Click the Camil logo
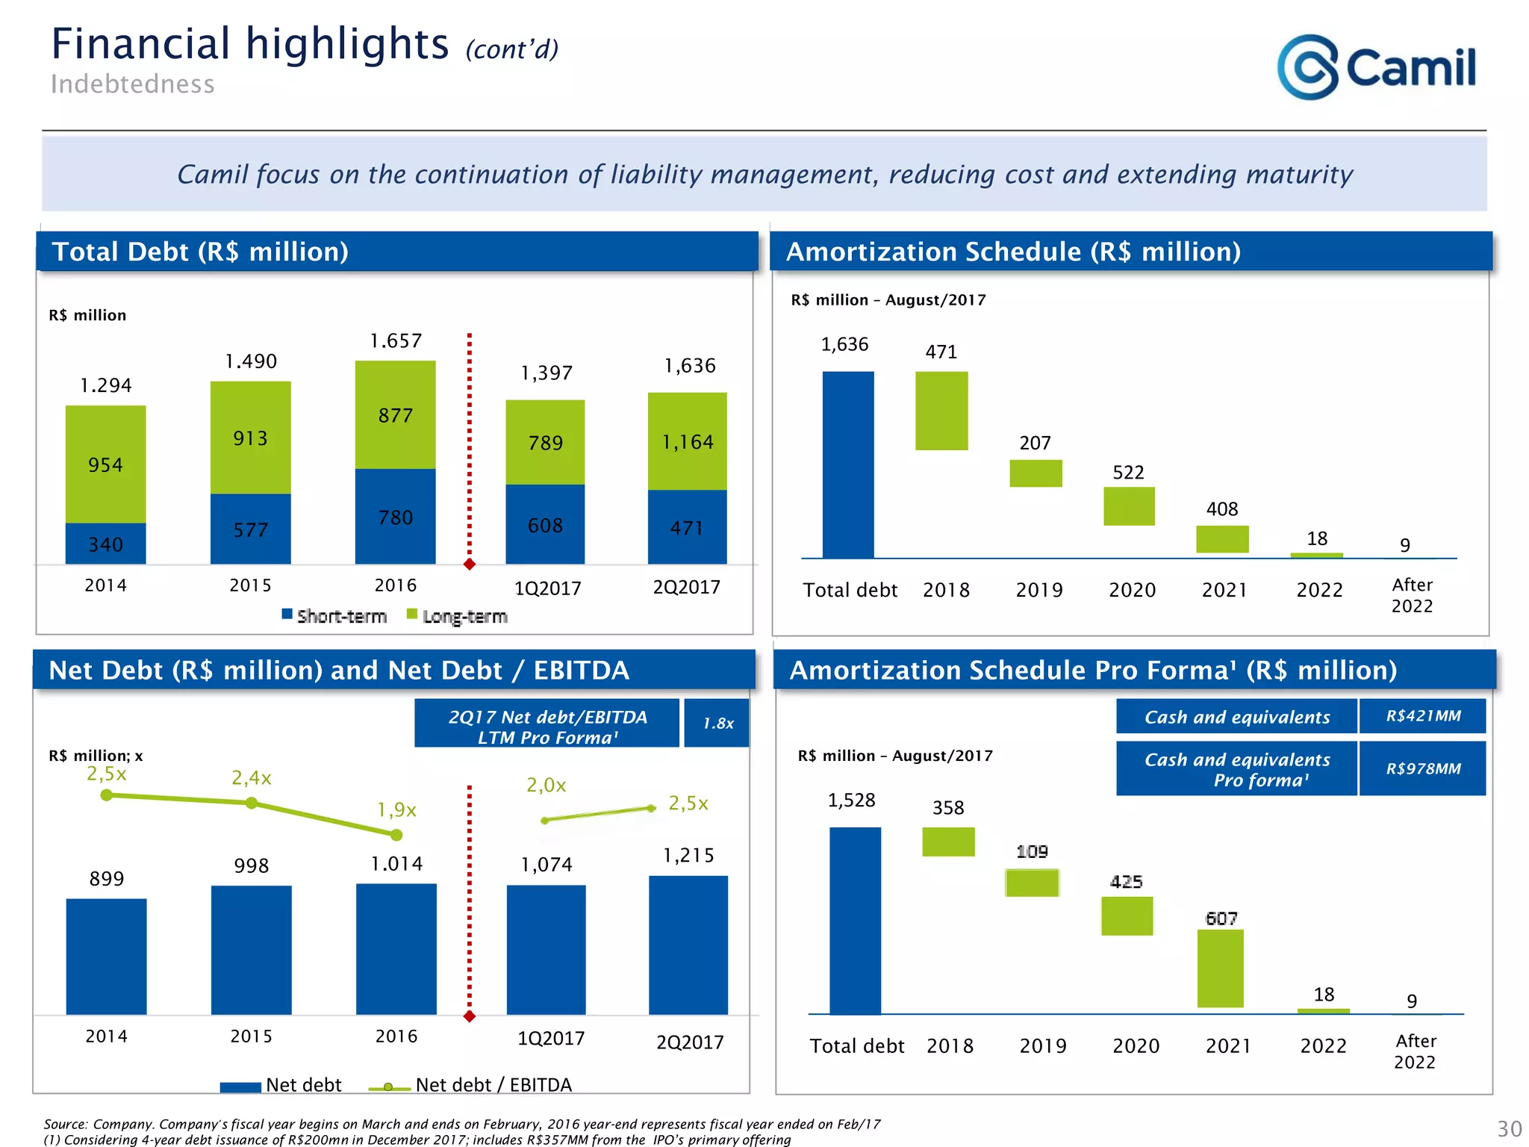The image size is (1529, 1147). [x=1376, y=67]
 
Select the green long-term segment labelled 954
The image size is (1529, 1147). [x=105, y=464]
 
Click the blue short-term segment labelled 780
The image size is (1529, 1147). [x=395, y=517]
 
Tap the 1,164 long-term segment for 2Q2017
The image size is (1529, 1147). [x=687, y=441]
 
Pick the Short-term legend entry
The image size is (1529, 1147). [x=334, y=616]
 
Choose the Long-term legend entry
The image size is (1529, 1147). [x=457, y=616]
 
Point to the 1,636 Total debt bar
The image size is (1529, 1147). [x=848, y=464]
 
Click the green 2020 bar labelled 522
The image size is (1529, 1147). [x=1129, y=506]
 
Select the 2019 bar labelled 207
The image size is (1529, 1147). [x=1036, y=473]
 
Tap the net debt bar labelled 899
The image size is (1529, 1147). [x=106, y=957]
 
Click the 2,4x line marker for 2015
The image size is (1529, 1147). [x=252, y=803]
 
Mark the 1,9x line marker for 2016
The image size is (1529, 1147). [x=396, y=835]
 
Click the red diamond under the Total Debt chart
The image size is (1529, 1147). [x=470, y=565]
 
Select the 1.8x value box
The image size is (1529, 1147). [x=717, y=723]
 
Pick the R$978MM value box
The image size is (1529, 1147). [x=1422, y=768]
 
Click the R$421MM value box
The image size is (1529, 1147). [x=1422, y=716]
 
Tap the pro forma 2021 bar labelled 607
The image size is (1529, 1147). [x=1221, y=969]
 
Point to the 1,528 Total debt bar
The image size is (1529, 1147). [x=855, y=921]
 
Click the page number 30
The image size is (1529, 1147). [x=1509, y=1128]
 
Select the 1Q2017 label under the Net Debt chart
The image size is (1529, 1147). [x=551, y=1039]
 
